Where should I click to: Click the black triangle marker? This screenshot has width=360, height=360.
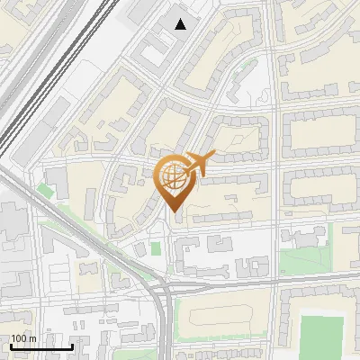tap(181, 24)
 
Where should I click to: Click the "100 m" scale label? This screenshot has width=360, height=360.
tap(23, 338)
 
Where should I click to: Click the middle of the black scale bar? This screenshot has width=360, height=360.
tap(41, 346)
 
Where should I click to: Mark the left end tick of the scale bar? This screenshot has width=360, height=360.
tap(11, 346)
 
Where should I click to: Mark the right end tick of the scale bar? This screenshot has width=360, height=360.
tap(72, 346)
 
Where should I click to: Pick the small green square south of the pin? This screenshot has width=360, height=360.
tap(156, 247)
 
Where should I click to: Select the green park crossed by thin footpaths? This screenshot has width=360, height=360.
tap(301, 261)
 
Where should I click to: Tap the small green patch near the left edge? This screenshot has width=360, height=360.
tap(45, 190)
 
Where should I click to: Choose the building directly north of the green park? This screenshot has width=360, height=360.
tap(305, 236)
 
